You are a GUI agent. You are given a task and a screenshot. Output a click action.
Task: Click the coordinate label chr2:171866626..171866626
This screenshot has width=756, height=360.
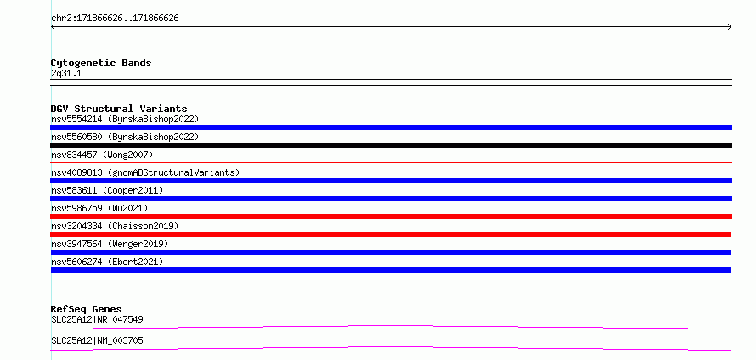(x=115, y=19)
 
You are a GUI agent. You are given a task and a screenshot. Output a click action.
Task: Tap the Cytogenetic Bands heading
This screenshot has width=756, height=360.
(x=101, y=63)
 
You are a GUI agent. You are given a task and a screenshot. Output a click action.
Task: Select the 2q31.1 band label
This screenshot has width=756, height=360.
(x=66, y=73)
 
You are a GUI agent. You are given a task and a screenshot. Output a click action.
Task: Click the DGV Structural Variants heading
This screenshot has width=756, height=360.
(x=119, y=109)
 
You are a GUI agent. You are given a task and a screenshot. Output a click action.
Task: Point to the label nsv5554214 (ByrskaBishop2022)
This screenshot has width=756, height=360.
(x=125, y=119)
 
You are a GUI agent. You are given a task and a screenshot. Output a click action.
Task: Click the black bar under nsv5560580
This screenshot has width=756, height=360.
(x=391, y=145)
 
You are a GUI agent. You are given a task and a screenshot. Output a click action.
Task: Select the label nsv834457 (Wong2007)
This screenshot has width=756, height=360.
(x=102, y=155)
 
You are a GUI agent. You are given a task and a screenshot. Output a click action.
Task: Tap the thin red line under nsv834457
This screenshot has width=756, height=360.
(x=391, y=163)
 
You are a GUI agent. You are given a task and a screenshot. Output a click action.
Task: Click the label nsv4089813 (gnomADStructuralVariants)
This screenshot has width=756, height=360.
(x=145, y=172)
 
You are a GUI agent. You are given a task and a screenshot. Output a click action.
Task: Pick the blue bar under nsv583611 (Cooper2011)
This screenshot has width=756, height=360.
(x=391, y=199)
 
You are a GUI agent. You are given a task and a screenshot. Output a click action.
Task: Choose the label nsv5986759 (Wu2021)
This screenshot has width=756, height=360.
(x=99, y=208)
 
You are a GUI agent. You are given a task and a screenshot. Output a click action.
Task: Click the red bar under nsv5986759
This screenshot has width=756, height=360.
(x=391, y=217)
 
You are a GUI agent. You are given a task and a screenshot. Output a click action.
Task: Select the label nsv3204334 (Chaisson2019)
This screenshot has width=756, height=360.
(x=115, y=226)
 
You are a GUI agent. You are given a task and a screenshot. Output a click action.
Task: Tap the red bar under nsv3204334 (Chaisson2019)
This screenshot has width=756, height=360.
(x=391, y=234)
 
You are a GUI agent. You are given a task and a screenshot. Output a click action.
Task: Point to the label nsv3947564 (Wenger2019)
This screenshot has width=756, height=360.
(x=110, y=244)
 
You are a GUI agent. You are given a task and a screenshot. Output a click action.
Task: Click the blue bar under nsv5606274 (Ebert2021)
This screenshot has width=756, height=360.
(x=391, y=270)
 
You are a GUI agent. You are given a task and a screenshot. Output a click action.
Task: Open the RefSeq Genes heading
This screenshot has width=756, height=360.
(x=87, y=309)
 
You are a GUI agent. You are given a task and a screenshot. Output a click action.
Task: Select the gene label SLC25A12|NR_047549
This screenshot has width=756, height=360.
(x=97, y=319)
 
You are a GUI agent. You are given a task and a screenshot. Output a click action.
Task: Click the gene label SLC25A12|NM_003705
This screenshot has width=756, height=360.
(x=97, y=340)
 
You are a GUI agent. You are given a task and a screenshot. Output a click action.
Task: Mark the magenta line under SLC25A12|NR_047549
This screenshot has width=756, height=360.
(x=391, y=326)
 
